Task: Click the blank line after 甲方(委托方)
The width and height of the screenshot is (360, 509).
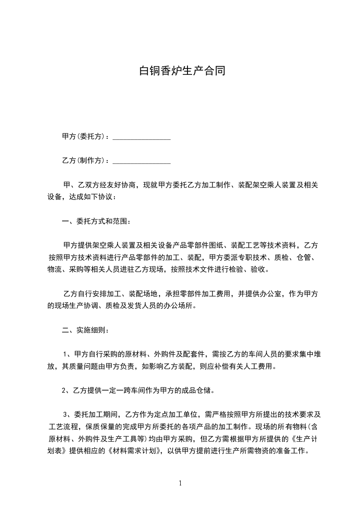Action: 141,137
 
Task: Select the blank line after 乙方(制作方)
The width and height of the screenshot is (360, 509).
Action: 141,161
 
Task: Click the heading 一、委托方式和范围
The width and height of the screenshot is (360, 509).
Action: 96,222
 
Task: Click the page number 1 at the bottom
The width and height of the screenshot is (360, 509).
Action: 180,483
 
